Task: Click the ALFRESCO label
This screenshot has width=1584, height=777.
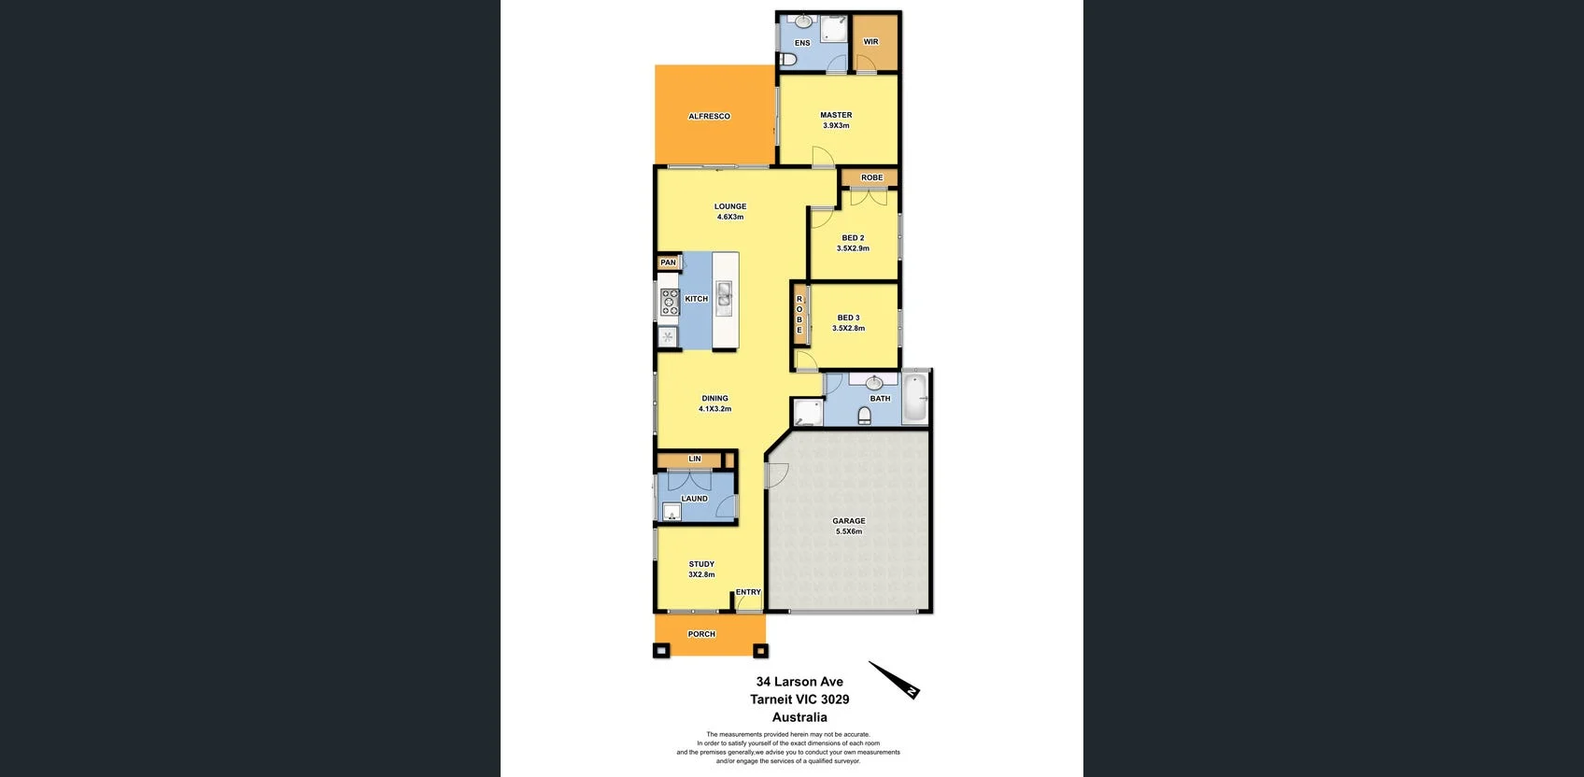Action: pyautogui.click(x=709, y=117)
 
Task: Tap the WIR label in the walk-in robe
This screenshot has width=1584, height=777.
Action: pyautogui.click(x=870, y=42)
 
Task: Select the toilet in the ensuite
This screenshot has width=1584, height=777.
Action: pyautogui.click(x=786, y=61)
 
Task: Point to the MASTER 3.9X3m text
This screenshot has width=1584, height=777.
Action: pyautogui.click(x=836, y=120)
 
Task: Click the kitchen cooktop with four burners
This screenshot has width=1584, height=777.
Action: pyautogui.click(x=670, y=301)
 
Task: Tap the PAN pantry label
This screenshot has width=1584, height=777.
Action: pyautogui.click(x=669, y=263)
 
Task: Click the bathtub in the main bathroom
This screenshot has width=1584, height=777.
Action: pyautogui.click(x=915, y=398)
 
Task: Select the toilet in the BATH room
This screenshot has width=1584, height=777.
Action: pyautogui.click(x=864, y=415)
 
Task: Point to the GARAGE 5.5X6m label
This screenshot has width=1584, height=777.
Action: pyautogui.click(x=848, y=527)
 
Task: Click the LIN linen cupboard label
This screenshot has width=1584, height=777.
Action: pyautogui.click(x=695, y=459)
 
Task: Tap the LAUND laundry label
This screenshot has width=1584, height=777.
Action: pyautogui.click(x=694, y=499)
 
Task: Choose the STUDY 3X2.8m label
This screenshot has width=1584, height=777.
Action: pyautogui.click(x=701, y=570)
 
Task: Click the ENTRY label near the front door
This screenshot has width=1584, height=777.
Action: pyautogui.click(x=748, y=592)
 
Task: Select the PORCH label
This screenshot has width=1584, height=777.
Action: pyautogui.click(x=701, y=634)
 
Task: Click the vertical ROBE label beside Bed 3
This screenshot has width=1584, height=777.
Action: pyautogui.click(x=799, y=315)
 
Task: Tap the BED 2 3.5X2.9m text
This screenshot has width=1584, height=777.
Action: pyautogui.click(x=853, y=244)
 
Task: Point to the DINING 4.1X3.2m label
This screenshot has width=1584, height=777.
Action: pyautogui.click(x=714, y=403)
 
